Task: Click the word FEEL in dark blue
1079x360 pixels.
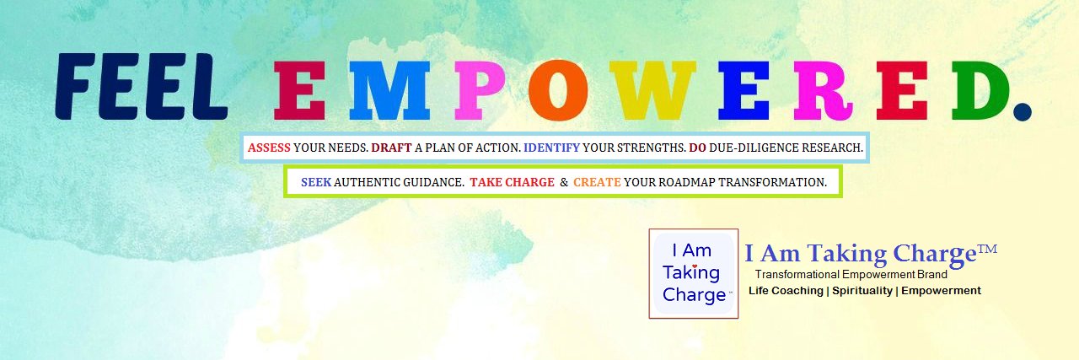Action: (141, 87)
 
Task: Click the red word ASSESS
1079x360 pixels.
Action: (269, 148)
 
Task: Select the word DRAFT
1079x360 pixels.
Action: (391, 148)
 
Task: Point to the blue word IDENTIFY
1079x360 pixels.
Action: (551, 148)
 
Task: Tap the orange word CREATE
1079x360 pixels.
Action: (597, 182)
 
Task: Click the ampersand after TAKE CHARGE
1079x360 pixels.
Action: (563, 182)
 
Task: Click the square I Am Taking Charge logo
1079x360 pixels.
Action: (694, 273)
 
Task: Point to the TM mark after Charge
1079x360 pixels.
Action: (987, 250)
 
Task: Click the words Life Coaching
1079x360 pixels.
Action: (786, 291)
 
